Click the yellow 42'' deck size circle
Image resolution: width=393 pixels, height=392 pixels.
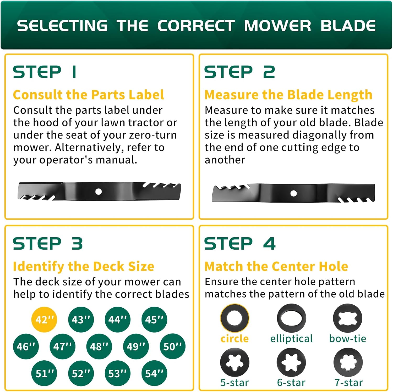coord(44,320)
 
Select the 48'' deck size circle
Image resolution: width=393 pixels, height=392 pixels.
coord(99,346)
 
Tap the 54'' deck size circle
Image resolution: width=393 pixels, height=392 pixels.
coord(154,373)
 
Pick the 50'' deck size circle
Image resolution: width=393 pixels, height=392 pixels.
coord(172,346)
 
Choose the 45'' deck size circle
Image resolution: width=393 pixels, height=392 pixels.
coord(154,320)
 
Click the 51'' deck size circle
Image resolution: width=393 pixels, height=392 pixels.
coord(44,373)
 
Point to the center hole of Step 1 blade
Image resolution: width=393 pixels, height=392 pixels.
coord(99,192)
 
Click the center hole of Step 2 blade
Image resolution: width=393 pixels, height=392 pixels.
coord(293,193)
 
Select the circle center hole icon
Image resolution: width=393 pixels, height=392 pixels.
coord(234,318)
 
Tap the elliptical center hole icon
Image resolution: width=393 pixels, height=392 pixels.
coord(291,318)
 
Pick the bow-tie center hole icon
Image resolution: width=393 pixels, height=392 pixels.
coord(347,318)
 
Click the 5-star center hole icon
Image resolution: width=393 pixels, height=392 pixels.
coord(234,362)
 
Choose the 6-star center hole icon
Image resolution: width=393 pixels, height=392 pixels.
coord(291,362)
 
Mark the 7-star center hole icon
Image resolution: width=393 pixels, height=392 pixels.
coord(348,362)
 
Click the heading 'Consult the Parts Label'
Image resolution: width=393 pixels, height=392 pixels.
coord(89,95)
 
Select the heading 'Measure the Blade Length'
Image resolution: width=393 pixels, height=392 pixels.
coord(288,95)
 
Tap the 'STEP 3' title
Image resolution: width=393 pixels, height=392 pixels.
coord(48,243)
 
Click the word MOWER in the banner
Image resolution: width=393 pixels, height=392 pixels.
coord(277,26)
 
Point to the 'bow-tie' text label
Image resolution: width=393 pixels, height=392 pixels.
coord(348,338)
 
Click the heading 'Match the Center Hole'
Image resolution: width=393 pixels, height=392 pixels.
coord(276,266)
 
